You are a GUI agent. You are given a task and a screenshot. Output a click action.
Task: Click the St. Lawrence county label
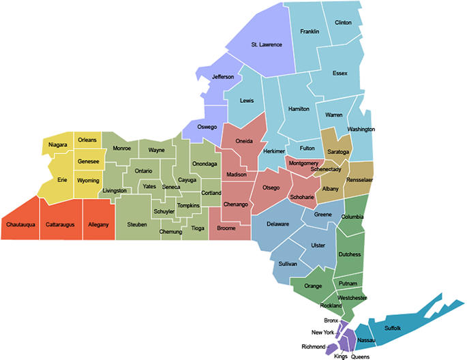(266, 45)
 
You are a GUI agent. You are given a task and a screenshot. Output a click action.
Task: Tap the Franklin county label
(310, 31)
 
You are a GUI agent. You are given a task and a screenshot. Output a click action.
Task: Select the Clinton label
(343, 22)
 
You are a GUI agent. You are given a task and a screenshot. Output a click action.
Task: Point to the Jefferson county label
(222, 77)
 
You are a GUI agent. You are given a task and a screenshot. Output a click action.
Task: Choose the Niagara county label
(57, 145)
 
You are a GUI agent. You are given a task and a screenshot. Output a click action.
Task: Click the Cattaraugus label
(60, 224)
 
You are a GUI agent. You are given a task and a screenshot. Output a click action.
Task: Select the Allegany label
(99, 224)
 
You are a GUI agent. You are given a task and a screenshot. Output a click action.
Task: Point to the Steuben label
(136, 224)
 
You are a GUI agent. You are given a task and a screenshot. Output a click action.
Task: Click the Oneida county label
(243, 141)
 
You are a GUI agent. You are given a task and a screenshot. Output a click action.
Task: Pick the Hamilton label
(299, 109)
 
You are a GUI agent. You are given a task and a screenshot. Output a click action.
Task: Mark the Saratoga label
(338, 151)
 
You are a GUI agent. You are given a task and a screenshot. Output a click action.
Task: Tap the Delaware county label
(277, 224)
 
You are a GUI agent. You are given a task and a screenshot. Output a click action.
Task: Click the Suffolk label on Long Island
(393, 328)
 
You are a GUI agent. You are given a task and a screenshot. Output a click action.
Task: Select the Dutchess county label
(349, 254)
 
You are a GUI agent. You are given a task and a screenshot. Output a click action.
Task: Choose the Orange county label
(313, 286)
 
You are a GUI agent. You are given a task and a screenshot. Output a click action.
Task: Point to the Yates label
(149, 186)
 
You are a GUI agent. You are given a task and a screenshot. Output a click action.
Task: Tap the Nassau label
(366, 339)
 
